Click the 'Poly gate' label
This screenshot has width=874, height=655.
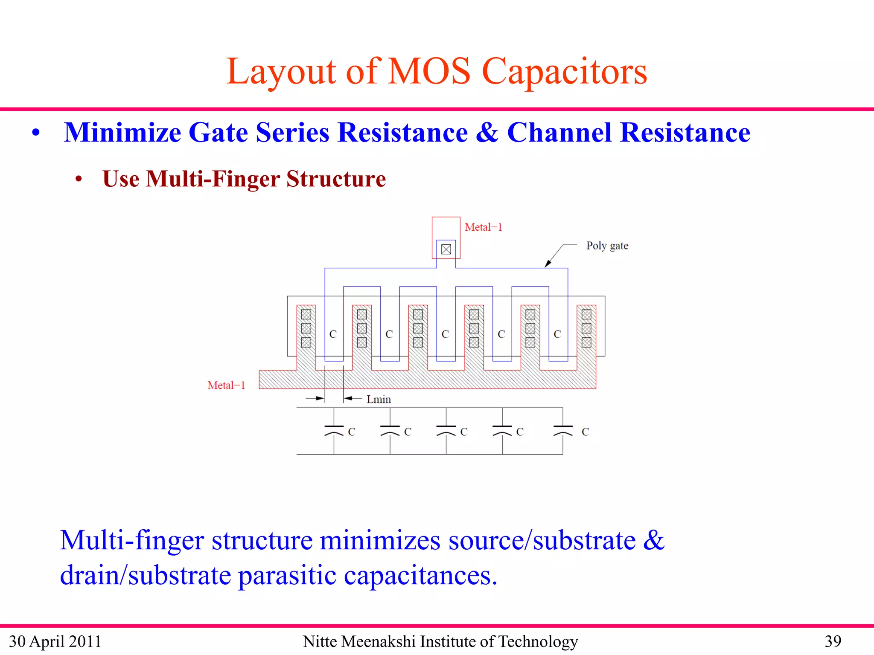pos(607,246)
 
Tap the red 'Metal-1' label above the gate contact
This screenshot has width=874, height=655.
pos(483,227)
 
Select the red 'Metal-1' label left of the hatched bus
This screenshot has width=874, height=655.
pos(226,385)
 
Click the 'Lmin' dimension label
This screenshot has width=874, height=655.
pos(379,400)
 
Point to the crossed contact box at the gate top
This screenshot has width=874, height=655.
pos(446,249)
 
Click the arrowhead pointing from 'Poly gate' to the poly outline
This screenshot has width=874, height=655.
pos(548,264)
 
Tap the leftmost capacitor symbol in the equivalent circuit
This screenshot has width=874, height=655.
pos(334,430)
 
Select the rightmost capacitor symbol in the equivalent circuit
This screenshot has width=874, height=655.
pos(562,430)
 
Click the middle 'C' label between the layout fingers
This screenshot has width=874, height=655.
pos(445,334)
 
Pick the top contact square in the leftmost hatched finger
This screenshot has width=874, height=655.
pos(306,315)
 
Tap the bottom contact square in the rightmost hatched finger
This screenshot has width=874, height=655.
pos(586,342)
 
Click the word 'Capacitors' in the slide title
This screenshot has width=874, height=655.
pos(564,72)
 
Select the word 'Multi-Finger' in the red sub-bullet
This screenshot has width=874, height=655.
pos(213,179)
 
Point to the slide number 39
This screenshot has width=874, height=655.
pos(833,641)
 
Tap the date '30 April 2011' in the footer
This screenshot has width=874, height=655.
pos(55,641)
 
